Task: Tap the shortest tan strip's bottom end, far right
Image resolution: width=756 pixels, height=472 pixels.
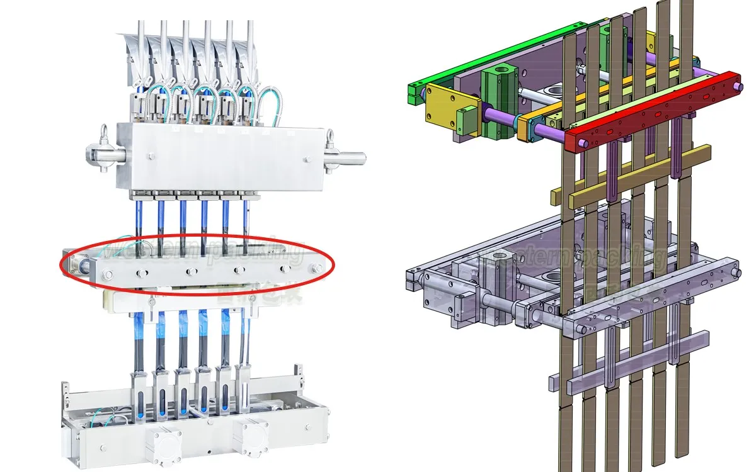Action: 682,449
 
